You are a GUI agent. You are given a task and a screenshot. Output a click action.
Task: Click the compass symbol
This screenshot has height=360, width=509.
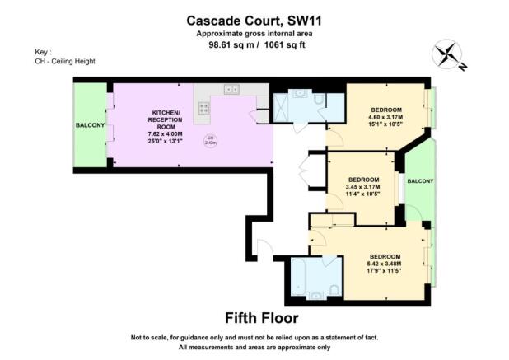coord(447,55)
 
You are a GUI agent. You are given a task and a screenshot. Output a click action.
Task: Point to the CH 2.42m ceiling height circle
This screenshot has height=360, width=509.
coord(210,140)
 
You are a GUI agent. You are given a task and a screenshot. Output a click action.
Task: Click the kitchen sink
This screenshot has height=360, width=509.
coord(231,89)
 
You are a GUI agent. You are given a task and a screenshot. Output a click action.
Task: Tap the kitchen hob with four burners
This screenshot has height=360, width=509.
coord(204,105)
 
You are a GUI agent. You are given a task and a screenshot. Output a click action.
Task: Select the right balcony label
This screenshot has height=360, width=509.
coord(420,181)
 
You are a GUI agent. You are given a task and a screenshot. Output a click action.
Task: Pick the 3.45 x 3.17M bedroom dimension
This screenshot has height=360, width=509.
coord(362,188)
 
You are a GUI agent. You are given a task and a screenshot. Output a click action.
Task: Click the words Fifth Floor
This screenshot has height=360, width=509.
coord(262,317)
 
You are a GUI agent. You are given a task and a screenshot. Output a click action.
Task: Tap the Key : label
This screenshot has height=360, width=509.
coord(32,51)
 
